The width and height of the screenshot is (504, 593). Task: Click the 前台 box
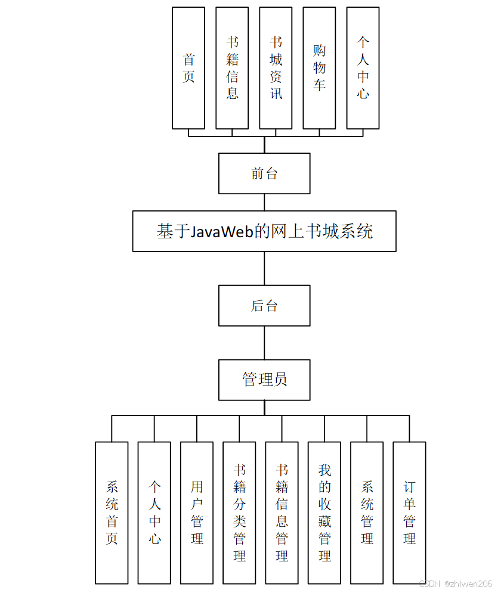264,173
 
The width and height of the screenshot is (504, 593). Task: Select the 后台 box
264,306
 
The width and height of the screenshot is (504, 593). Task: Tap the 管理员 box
264,380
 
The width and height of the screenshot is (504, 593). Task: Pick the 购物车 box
319,68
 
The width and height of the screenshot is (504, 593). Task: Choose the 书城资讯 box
276,68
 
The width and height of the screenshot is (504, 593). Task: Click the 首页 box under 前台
188,68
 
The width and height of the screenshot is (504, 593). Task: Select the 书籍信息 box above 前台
232,68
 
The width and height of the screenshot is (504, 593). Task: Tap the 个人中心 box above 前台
363,68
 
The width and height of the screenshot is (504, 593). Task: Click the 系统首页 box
112,513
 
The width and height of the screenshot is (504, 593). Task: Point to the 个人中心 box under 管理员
154,513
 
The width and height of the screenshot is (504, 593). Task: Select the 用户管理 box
197,513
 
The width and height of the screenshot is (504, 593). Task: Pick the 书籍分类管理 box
239,513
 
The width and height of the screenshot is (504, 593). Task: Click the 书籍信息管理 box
282,513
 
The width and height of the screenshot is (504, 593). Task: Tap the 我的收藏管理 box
324,513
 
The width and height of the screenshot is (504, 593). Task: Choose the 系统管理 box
367,513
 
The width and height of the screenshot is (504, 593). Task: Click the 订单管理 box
409,513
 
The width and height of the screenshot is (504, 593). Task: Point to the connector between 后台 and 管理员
264,343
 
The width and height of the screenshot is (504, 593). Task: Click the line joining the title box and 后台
264,268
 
